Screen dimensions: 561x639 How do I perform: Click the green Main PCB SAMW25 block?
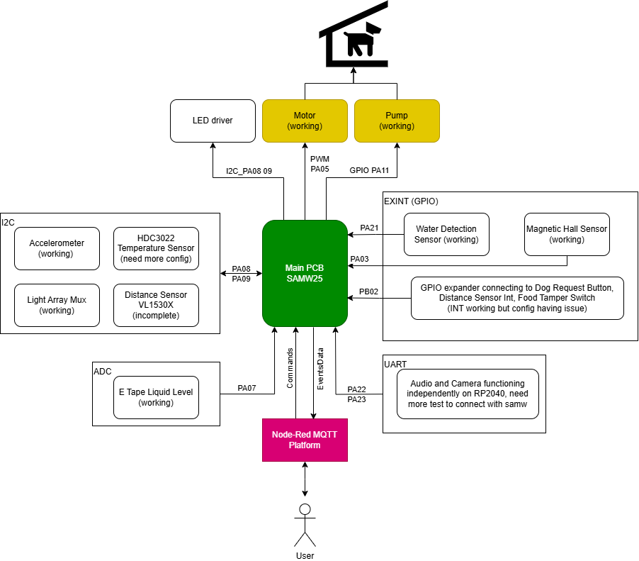[x=305, y=273]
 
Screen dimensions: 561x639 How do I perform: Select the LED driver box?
[x=213, y=120]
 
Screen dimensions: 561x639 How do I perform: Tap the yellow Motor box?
[x=305, y=120]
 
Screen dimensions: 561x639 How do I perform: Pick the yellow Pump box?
[x=397, y=120]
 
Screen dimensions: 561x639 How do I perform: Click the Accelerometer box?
[x=57, y=248]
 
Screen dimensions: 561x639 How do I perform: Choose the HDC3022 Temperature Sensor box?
[x=156, y=248]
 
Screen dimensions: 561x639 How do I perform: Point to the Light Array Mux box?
[x=57, y=305]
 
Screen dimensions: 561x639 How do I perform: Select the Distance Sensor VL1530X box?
[x=156, y=305]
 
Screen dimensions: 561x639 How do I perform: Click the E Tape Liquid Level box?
[x=156, y=397]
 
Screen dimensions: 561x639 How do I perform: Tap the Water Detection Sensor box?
[x=446, y=234]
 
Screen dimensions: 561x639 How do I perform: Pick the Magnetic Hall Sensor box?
[x=567, y=234]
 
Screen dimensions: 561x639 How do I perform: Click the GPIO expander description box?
[x=517, y=298]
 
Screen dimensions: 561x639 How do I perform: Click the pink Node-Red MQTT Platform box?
[x=305, y=440]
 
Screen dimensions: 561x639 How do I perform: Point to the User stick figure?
[x=305, y=525]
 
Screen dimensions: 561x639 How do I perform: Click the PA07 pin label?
[x=247, y=388]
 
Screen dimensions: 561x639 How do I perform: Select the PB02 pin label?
[x=368, y=291]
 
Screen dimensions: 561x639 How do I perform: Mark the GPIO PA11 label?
[x=368, y=170]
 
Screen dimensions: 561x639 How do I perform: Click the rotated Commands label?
[x=290, y=367]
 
